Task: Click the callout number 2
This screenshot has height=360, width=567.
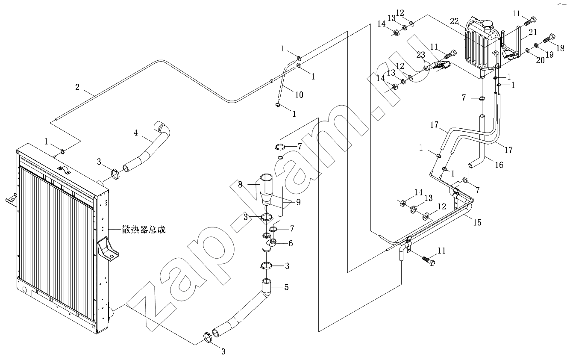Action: [77, 87]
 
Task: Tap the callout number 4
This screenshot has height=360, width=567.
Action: [135, 133]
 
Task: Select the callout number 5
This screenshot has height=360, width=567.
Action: [286, 287]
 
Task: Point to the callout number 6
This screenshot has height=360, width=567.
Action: [291, 243]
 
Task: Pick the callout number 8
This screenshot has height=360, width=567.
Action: [240, 184]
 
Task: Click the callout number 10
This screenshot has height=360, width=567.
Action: [299, 94]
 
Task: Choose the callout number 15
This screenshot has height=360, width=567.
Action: [477, 222]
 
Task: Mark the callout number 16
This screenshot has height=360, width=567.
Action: [499, 165]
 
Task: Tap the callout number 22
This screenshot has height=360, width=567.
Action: [454, 21]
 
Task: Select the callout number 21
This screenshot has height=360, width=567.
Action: [532, 32]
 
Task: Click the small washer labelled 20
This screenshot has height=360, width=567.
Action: [529, 51]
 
